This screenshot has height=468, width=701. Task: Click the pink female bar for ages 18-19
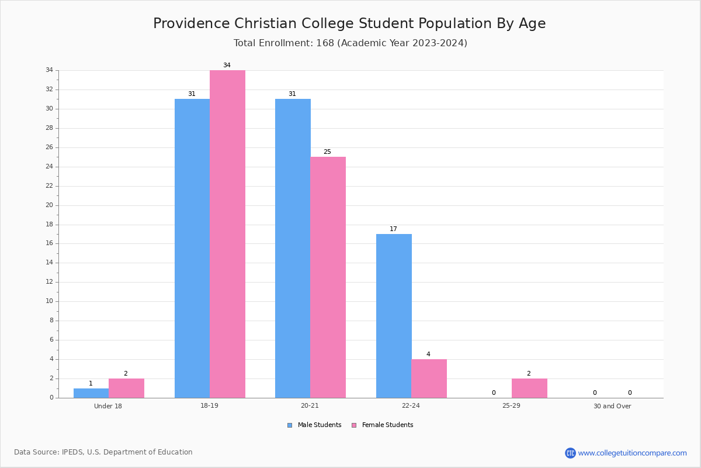[x=227, y=234]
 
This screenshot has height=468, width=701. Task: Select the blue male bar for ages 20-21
[x=293, y=249]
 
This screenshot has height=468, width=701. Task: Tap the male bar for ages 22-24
[x=394, y=316]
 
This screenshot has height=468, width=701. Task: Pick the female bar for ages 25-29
[x=529, y=388]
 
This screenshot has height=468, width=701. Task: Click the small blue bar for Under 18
[x=91, y=393]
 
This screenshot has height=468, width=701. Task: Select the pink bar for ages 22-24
[x=429, y=378]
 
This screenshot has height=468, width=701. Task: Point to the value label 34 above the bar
[x=227, y=65]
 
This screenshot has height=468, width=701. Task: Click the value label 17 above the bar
[x=393, y=229]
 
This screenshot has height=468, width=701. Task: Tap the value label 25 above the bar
[x=327, y=152]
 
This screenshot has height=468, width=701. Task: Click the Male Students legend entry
[x=314, y=425]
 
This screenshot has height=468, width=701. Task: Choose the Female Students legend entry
[x=383, y=425]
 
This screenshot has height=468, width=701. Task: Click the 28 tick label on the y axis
[x=50, y=128]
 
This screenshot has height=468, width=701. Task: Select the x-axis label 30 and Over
[x=612, y=406]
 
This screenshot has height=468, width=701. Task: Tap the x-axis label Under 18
[x=108, y=406]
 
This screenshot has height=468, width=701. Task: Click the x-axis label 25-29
[x=511, y=405]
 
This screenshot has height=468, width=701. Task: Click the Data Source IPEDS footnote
[x=103, y=452]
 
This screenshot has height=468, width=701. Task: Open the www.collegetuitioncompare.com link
[x=632, y=453]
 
